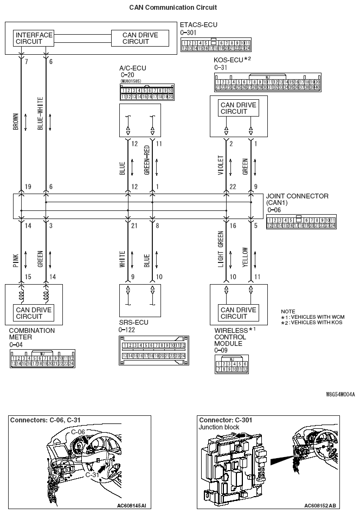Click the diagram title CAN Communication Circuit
tap(173, 8)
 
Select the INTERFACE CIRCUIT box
tap(34, 38)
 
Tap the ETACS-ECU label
tap(199, 25)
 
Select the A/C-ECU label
tap(133, 68)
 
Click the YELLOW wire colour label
tap(245, 258)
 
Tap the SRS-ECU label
tap(132, 322)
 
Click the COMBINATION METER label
tap(31, 333)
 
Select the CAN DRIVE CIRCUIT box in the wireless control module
tap(238, 313)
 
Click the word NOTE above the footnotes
tap(288, 311)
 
